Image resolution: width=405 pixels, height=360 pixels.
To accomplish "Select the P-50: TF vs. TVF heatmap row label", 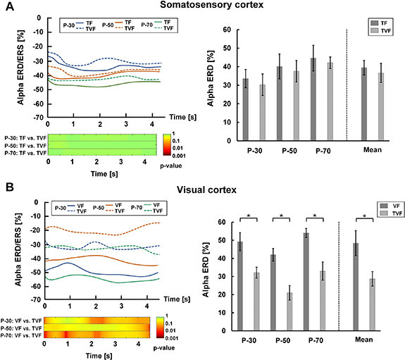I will [24, 145].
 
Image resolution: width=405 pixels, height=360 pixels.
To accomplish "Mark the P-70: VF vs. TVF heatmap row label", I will [21, 335].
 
